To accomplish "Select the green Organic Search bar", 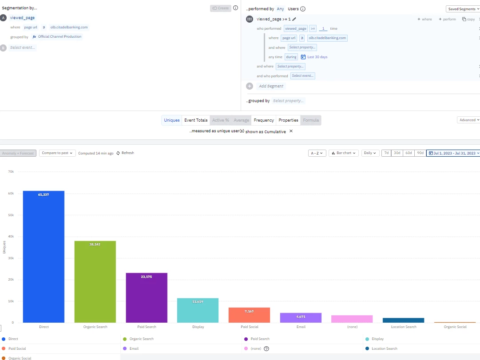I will click(95, 281).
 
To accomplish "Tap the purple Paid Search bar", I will click(147, 297).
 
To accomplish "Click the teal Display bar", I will click(198, 310).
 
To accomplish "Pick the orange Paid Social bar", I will click(249, 315).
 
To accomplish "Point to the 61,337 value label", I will click(44, 194).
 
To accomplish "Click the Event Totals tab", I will click(196, 120).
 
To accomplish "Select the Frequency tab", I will click(264, 120).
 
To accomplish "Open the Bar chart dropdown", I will click(344, 153).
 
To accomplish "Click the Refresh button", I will click(125, 153).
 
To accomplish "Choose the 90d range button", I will click(420, 153).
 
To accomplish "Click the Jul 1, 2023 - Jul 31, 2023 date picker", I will click(452, 153).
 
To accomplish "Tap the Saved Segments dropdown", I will click(462, 9).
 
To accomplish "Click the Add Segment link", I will click(271, 86).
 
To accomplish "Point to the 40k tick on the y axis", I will click(11, 237).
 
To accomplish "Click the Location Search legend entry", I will click(385, 349).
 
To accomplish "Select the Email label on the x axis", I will click(301, 327).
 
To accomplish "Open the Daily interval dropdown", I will click(370, 153).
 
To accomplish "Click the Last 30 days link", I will click(317, 57).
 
